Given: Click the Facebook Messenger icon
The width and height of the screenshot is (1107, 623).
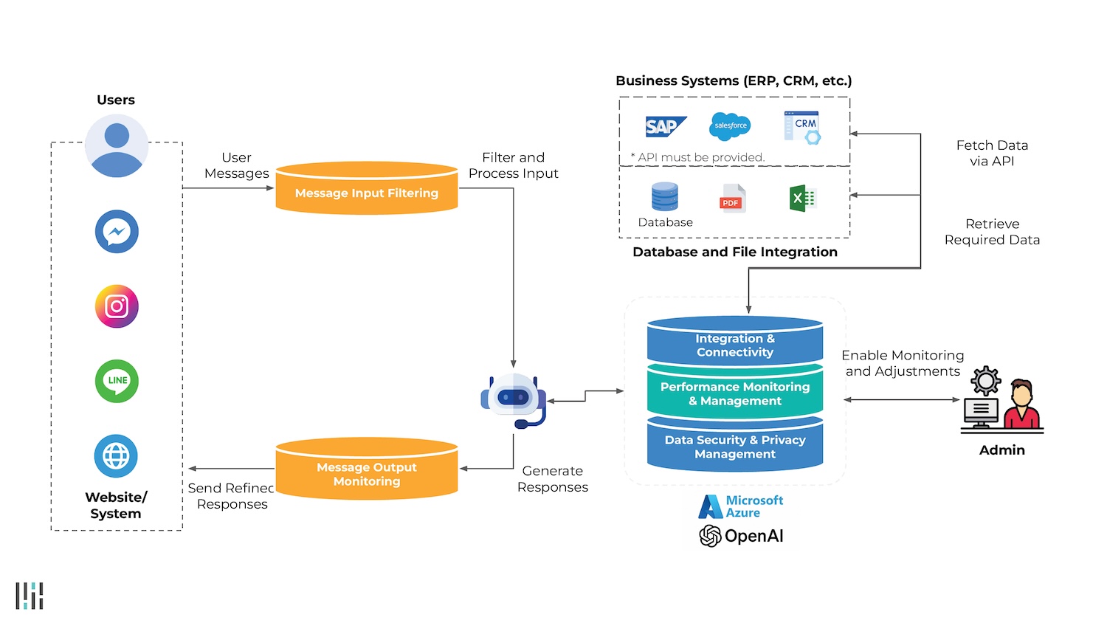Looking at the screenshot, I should [x=117, y=232].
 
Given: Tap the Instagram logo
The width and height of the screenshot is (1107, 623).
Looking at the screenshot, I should [x=117, y=306].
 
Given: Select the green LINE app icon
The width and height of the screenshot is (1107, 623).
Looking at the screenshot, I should [x=117, y=381].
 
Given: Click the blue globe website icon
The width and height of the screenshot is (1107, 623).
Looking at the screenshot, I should [x=116, y=455].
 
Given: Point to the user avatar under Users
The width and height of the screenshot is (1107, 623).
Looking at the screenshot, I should [x=117, y=145].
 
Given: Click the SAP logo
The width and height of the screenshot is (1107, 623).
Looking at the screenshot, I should [x=665, y=127].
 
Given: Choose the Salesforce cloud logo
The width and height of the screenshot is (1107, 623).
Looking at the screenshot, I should [x=730, y=126].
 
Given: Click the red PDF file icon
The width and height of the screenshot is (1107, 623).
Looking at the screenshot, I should [x=732, y=199].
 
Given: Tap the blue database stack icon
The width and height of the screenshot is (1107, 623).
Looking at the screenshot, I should [x=665, y=197].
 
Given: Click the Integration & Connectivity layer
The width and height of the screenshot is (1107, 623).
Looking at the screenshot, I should [x=735, y=343].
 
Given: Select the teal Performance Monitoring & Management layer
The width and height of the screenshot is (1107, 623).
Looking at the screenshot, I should [x=735, y=393].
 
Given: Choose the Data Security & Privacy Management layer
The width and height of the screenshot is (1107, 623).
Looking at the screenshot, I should [x=735, y=446].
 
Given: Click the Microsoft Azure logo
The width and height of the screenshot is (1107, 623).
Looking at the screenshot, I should [x=741, y=506].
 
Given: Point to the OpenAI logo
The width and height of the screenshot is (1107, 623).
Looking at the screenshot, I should [x=741, y=536].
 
